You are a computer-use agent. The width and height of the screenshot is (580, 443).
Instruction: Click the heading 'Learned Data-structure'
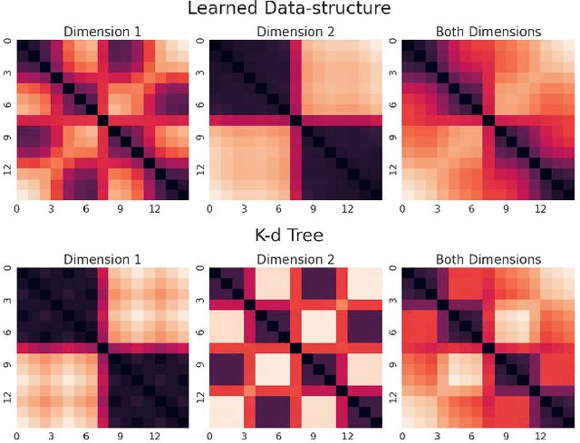click(x=289, y=10)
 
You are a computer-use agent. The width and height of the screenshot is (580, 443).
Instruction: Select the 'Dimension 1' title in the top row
click(x=103, y=32)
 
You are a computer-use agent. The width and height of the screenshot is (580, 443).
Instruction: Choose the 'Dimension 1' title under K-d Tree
click(x=103, y=260)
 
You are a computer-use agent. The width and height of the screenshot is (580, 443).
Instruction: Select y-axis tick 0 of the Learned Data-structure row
click(x=7, y=42)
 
